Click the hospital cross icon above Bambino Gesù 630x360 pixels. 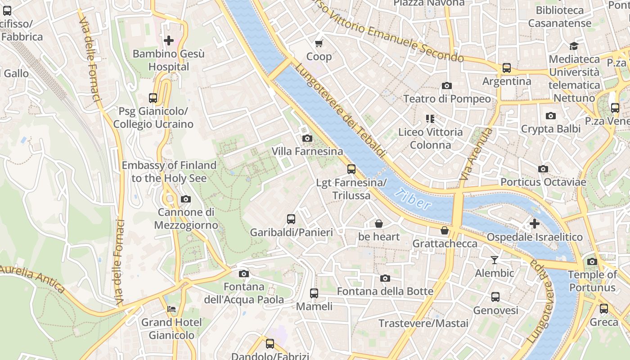tap(169, 40)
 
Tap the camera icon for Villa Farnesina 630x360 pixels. tap(307, 138)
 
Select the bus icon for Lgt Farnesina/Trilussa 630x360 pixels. tap(351, 169)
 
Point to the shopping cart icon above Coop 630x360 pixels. tap(319, 43)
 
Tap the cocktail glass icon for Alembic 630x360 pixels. tap(495, 260)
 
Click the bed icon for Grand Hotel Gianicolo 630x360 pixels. tap(172, 309)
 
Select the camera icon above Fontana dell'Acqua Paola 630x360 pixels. tap(244, 274)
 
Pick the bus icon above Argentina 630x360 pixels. tap(507, 68)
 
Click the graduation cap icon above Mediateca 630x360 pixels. tap(574, 46)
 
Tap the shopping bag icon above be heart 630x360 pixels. tap(379, 224)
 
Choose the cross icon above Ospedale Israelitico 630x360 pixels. tap(535, 224)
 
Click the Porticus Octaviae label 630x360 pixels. tap(543, 182)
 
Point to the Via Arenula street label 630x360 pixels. tap(476, 154)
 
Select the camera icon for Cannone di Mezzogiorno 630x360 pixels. tap(185, 199)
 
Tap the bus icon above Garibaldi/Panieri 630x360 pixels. tap(291, 219)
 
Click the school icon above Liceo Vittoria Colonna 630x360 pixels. tap(430, 119)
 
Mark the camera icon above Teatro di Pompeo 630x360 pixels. tap(447, 85)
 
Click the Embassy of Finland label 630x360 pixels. tap(169, 171)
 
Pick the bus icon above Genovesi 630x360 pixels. tap(495, 297)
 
